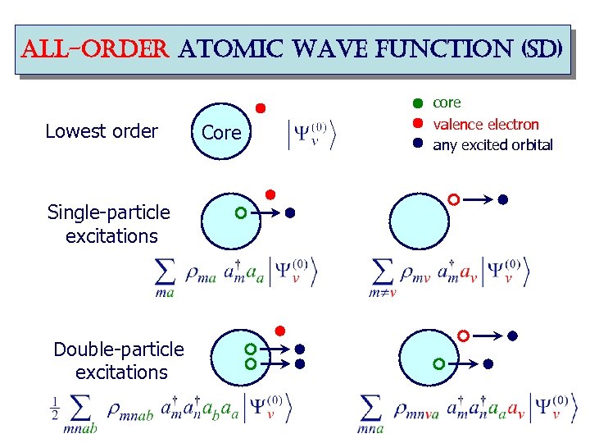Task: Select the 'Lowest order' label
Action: point(102,131)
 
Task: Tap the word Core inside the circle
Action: point(221,132)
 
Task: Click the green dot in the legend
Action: point(417,103)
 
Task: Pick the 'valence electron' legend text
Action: point(485,125)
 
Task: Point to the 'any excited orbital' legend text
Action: point(492,145)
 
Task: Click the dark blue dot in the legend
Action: point(417,143)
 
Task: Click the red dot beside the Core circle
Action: point(261,107)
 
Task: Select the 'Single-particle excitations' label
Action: point(110,224)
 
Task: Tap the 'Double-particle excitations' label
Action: point(120,361)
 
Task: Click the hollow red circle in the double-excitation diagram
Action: point(463,336)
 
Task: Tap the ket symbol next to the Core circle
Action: point(312,135)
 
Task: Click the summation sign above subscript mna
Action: point(371,405)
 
